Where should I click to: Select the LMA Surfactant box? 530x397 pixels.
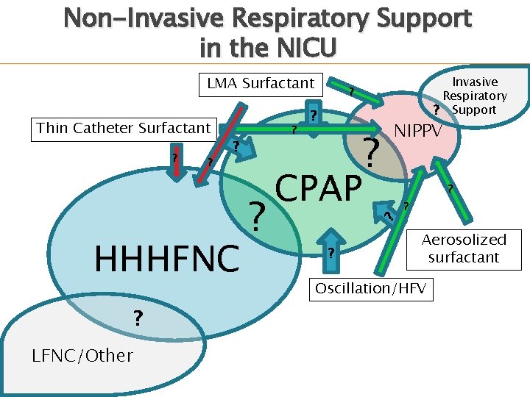(261, 84)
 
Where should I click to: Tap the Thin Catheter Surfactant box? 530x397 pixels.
(124, 128)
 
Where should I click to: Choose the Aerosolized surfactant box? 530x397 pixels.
(464, 248)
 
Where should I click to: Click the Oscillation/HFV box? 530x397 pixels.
(370, 288)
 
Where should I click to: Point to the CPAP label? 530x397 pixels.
(319, 188)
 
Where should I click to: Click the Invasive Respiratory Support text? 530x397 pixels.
(475, 96)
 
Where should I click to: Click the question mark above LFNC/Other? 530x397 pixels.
(137, 318)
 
